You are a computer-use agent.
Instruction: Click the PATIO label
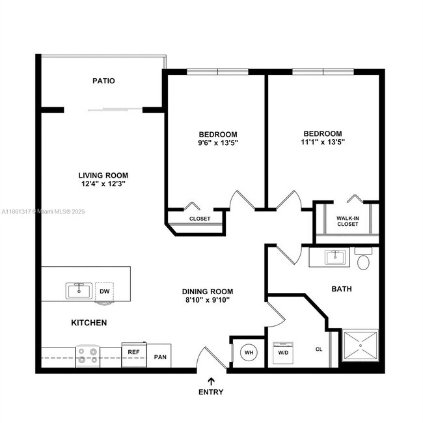[103, 81]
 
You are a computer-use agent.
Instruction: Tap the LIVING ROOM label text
[103, 175]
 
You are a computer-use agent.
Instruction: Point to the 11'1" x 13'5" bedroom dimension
[322, 142]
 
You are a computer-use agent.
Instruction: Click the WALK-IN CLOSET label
[348, 221]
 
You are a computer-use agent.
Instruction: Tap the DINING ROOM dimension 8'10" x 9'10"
[208, 301]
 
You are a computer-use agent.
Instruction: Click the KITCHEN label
[89, 323]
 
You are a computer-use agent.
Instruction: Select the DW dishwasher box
[105, 291]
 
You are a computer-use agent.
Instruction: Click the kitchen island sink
[78, 290]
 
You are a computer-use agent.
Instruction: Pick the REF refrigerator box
[133, 352]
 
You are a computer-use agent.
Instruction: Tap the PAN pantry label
[160, 357]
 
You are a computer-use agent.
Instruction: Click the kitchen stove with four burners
[87, 355]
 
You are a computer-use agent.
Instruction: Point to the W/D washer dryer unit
[284, 353]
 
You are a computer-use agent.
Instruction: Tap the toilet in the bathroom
[362, 260]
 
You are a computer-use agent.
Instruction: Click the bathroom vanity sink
[336, 257]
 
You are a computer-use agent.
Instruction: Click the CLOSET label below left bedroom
[200, 219]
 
